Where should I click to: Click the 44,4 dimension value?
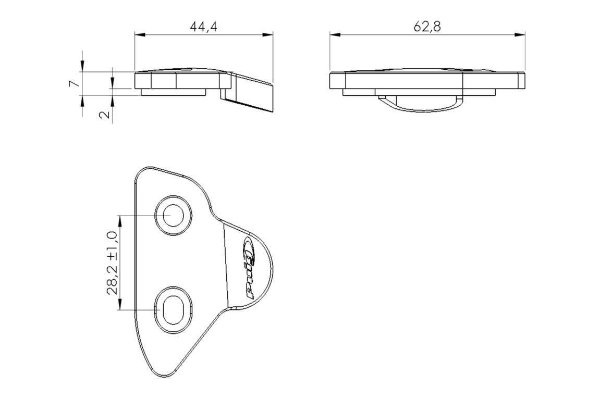coord(204,27)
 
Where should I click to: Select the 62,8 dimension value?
coord(427,27)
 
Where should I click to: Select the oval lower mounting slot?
coord(174,309)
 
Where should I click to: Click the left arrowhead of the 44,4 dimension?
coord(140,35)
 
